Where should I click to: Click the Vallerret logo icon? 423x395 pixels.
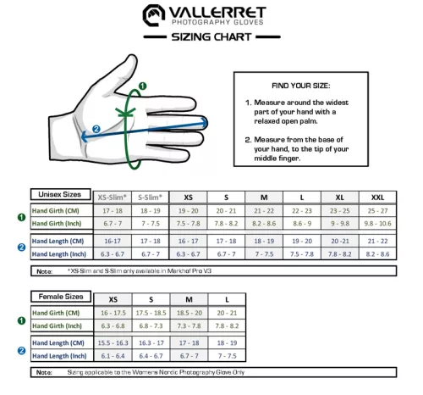coord(152,14)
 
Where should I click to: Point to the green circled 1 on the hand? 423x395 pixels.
coord(143,86)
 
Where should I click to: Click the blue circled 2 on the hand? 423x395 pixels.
coord(96,129)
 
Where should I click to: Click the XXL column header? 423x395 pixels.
coord(376,197)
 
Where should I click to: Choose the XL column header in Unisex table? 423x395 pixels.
coord(338,197)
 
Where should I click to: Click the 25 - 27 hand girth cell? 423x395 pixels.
coord(376,210)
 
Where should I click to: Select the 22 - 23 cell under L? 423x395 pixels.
coord(302,210)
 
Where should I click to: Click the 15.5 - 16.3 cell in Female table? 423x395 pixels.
coord(112,342)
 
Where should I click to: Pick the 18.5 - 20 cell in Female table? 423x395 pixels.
coord(188,313)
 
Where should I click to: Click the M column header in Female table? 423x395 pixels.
coord(188,299)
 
